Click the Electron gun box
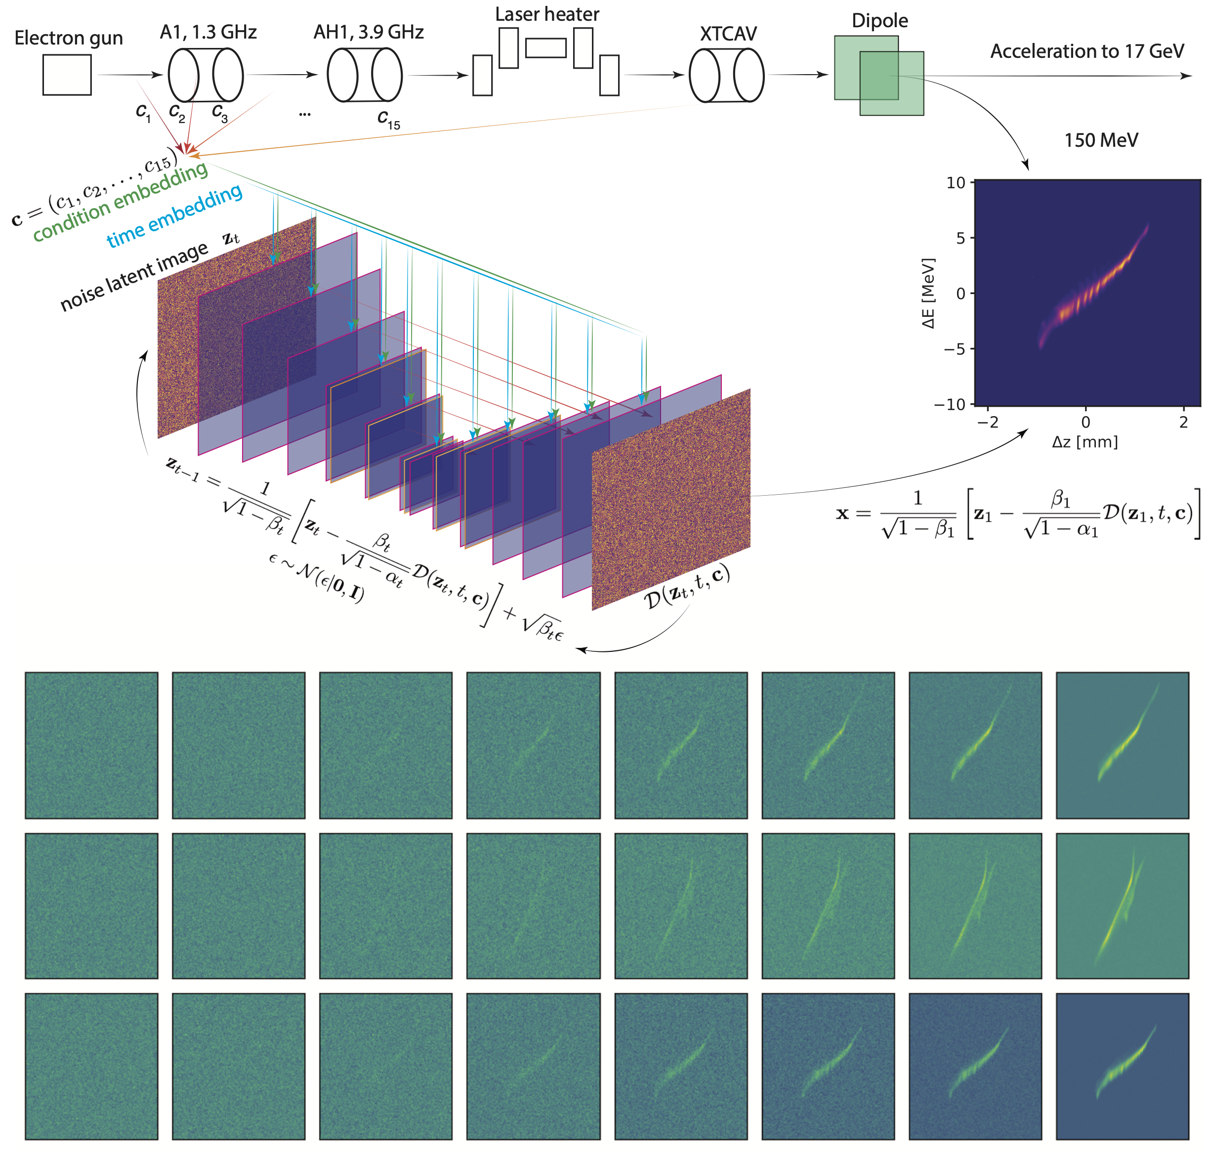tap(67, 75)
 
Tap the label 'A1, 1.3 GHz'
tap(208, 32)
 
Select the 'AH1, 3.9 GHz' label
tap(368, 32)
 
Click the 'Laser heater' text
tap(546, 14)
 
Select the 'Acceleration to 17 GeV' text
tap(1086, 51)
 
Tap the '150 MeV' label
tap(1101, 140)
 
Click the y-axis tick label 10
tap(955, 183)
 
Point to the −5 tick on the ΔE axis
tap(954, 349)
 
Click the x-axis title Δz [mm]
tap(1085, 442)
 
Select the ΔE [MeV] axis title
tap(928, 293)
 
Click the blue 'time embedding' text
tap(174, 216)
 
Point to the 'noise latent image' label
tap(134, 276)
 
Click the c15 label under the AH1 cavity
tap(388, 119)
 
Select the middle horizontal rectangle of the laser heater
tap(545, 48)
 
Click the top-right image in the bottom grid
tap(1122, 745)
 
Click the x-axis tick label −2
tap(987, 422)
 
